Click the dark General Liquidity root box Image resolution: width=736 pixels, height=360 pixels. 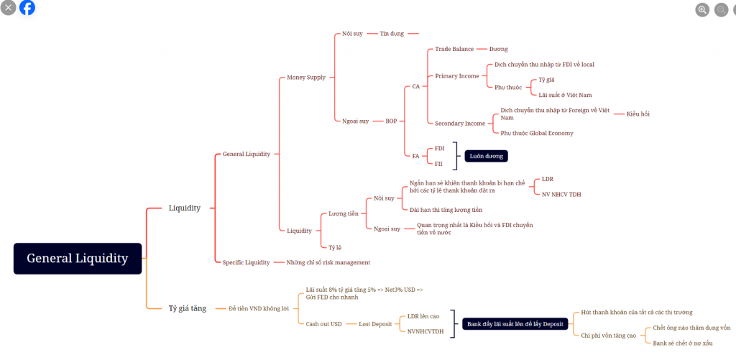pos(78,258)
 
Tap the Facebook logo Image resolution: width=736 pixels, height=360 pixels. pos(27,8)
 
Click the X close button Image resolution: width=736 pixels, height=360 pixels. pos(9,8)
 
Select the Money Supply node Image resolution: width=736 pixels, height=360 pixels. pos(306,77)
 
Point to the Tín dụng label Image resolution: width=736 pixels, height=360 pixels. pos(392,34)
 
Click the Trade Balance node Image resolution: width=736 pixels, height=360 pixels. pos(454,49)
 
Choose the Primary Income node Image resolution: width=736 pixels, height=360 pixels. pos(457,76)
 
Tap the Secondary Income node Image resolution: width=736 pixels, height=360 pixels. pos(460,124)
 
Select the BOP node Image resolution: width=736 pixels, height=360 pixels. pos(391,121)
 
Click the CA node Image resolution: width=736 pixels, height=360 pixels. pos(415,87)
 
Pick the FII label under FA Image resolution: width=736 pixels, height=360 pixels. pos(438,164)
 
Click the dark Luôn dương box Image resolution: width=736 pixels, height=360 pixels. pos(486,155)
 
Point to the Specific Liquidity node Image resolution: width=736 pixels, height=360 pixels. pos(247,262)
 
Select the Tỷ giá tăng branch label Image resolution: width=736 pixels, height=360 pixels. pos(188,308)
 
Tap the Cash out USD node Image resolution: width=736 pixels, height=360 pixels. pos(324,324)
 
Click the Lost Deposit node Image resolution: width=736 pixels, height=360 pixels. pos(376,324)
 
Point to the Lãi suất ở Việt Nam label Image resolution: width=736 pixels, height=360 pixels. pos(565,94)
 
